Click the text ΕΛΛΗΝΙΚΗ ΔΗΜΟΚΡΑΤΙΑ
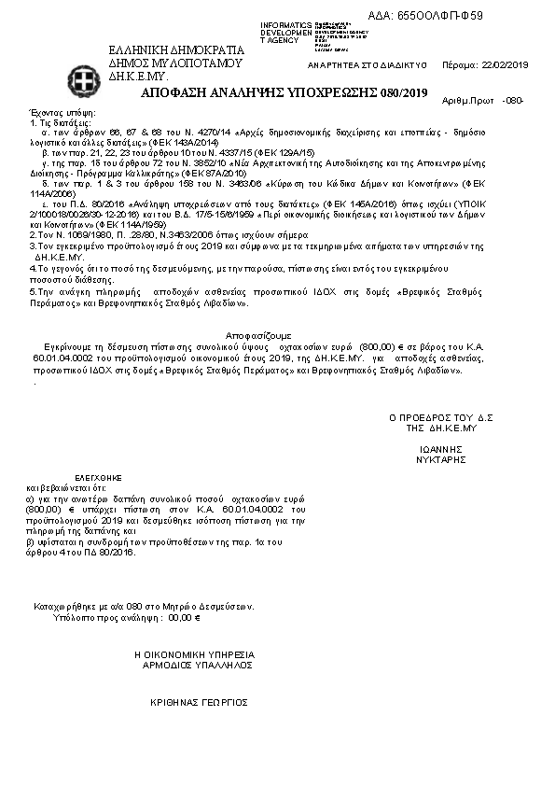point(176,50)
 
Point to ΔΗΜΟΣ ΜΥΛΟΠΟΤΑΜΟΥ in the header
point(175,63)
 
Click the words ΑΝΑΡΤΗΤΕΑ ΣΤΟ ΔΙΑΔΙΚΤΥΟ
point(367,66)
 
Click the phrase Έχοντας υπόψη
point(55,110)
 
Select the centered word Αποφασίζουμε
point(258,333)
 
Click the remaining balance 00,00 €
point(185,617)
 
